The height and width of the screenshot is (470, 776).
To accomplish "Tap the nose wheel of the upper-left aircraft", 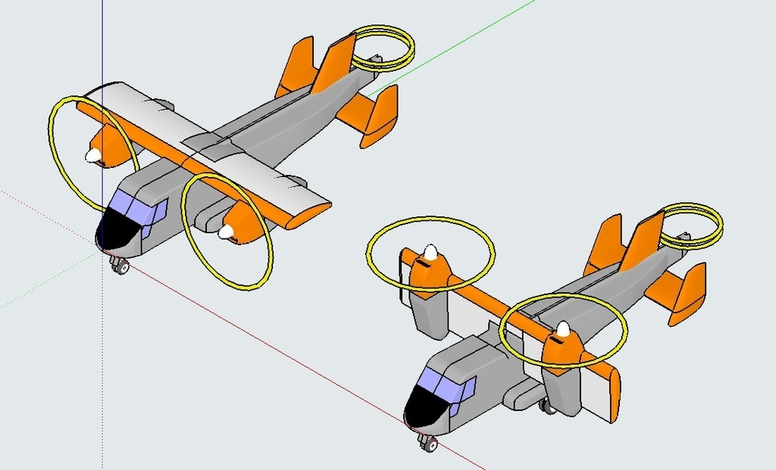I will point(120,266).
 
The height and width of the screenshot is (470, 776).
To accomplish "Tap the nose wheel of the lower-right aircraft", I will point(429,445).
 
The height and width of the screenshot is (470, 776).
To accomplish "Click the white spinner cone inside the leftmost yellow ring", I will point(92,155).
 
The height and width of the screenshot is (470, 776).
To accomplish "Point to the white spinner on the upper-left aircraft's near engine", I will point(226,232).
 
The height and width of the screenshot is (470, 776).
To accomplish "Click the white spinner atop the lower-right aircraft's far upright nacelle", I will point(430,251).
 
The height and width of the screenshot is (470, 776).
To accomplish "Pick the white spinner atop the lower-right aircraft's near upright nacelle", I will point(562,328).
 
